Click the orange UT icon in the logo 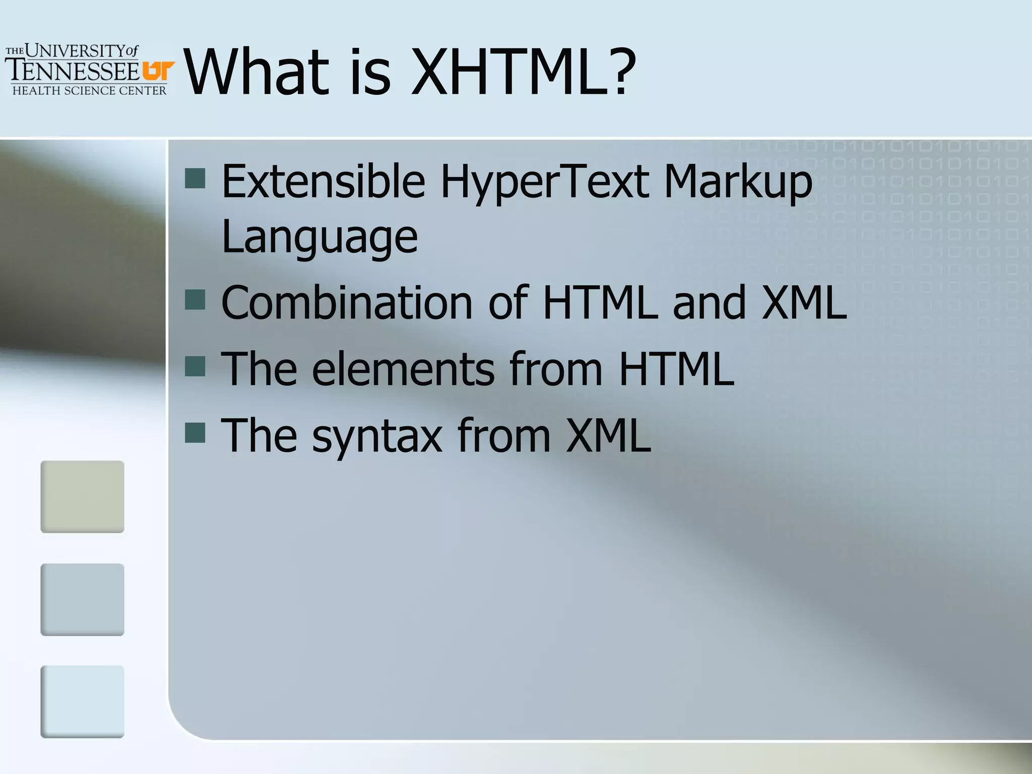point(158,71)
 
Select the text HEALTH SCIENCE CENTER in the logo point(89,91)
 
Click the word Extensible point(323,181)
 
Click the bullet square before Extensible point(195,178)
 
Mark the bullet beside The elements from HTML point(195,366)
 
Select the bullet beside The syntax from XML point(195,432)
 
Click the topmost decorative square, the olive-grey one point(82,496)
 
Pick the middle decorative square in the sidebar point(82,600)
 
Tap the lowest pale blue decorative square point(82,701)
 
